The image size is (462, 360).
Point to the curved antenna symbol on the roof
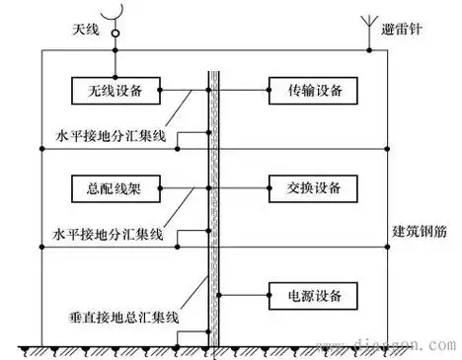(x=115, y=16)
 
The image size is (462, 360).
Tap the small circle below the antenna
(x=115, y=35)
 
